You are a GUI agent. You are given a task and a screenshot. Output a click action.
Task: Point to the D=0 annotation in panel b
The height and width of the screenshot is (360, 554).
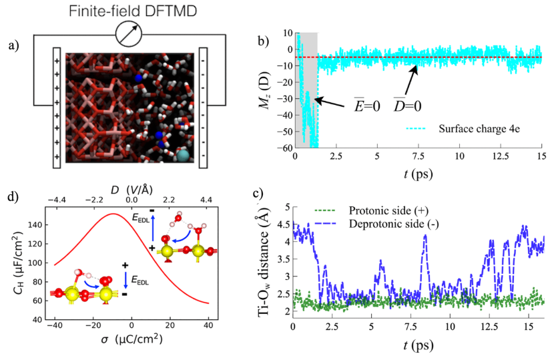(x=405, y=104)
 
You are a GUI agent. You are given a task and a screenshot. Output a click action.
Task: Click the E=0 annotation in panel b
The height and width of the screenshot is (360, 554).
(x=367, y=104)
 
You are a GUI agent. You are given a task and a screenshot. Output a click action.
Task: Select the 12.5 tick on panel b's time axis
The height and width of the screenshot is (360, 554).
(x=500, y=156)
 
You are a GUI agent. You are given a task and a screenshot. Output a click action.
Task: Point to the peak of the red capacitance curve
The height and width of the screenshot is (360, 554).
(x=113, y=214)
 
